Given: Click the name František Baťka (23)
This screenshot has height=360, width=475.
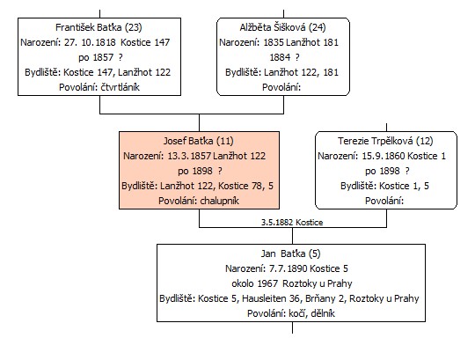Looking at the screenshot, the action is [99, 27].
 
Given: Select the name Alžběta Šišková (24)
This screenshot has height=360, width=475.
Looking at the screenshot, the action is [282, 27].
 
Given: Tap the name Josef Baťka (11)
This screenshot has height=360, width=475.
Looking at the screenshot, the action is [199, 141].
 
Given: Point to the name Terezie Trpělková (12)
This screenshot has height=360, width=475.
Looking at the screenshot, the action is [385, 141].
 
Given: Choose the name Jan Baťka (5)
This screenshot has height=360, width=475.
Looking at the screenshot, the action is [290, 253].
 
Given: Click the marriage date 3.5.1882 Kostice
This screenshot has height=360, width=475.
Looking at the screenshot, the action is [292, 223].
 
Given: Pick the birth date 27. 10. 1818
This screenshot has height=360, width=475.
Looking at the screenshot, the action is [90, 42].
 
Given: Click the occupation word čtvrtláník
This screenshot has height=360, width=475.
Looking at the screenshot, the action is [120, 87].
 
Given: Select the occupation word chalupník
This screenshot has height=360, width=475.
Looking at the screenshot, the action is [220, 201].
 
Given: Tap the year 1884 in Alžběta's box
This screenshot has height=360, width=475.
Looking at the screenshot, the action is [280, 57].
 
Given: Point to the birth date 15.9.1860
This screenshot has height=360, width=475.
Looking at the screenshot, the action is [384, 156].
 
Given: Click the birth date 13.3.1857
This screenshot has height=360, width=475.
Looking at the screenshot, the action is [189, 156].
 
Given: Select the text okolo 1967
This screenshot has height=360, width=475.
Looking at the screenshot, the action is [255, 283].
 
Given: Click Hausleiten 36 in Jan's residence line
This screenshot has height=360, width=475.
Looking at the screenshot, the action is [271, 298].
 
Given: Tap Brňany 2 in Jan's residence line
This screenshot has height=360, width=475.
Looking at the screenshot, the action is [325, 298].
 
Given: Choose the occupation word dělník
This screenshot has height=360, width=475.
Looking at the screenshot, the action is [323, 313].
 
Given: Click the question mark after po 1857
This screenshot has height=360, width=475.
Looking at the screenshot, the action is [121, 57].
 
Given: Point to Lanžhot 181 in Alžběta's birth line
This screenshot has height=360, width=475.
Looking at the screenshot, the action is [312, 42].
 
